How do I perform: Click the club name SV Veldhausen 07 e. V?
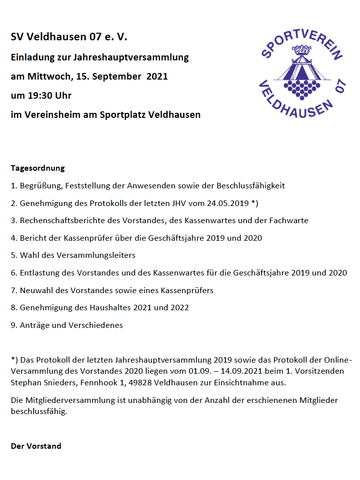click(69, 37)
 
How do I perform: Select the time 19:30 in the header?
click(43, 96)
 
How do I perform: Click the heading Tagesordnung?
click(38, 168)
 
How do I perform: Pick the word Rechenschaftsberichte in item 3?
click(60, 221)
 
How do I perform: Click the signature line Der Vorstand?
click(36, 446)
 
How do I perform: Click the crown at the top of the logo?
click(303, 49)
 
